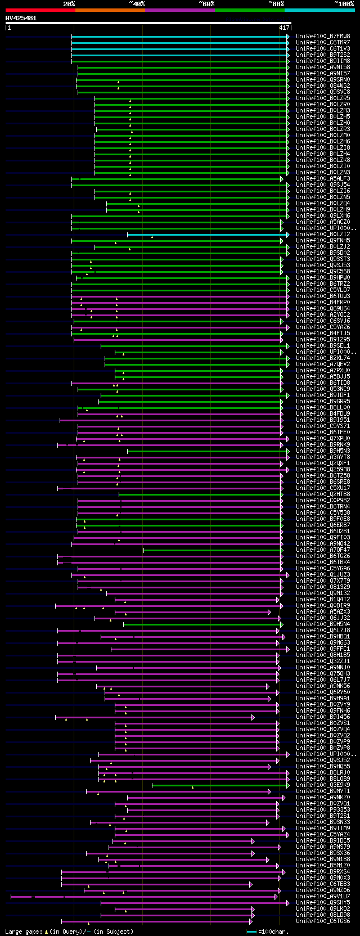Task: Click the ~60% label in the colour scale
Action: [x=206, y=4]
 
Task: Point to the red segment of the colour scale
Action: [x=40, y=10]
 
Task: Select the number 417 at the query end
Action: [x=284, y=28]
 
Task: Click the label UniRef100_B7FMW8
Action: [x=323, y=37]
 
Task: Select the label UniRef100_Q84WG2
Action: [x=323, y=86]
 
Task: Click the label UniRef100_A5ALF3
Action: [x=323, y=179]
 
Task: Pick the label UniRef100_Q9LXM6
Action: [x=323, y=216]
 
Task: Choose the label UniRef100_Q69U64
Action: [x=323, y=309]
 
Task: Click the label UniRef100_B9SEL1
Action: [x=323, y=346]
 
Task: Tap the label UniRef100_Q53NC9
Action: [x=323, y=389]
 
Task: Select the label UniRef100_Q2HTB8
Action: [x=323, y=494]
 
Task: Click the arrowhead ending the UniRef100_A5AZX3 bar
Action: [x=269, y=612]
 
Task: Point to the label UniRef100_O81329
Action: [x=323, y=587]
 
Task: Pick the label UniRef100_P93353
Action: [x=323, y=810]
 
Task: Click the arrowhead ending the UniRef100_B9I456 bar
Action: [x=253, y=717]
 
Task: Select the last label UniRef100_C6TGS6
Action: [x=323, y=921]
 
